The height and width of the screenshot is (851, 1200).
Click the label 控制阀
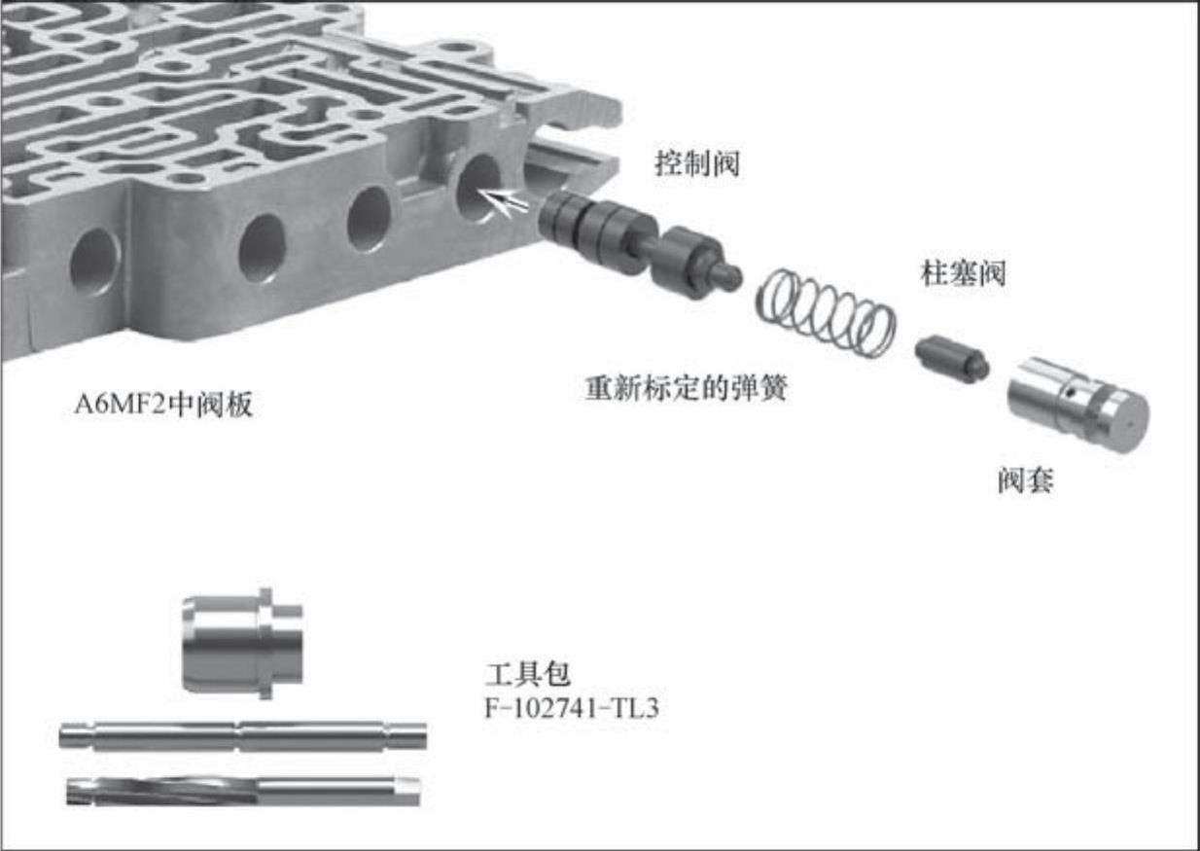[697, 163]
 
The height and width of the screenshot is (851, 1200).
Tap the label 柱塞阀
[963, 274]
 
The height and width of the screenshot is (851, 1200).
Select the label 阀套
[1025, 480]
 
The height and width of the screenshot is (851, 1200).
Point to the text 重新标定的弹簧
[687, 387]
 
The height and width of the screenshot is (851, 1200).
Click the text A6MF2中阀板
[163, 404]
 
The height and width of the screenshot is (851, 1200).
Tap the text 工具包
[527, 674]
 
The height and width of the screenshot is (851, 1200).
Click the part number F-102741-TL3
[572, 708]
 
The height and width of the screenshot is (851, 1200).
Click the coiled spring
[825, 312]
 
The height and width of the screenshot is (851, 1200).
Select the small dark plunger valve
[952, 358]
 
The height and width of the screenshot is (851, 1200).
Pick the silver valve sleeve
[1077, 404]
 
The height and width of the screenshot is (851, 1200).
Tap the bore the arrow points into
[477, 188]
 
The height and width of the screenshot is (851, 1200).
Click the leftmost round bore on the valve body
[95, 262]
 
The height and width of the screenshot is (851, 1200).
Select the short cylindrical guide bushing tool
[243, 643]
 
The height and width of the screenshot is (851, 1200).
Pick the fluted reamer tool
[244, 791]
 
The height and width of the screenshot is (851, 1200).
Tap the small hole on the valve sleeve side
[1071, 394]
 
